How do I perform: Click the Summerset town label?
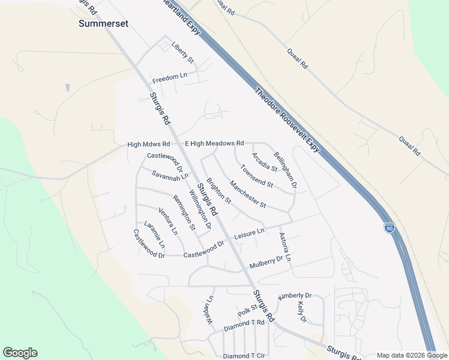pyautogui.click(x=104, y=24)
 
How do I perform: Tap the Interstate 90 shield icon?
pyautogui.click(x=389, y=227)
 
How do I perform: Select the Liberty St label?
pyautogui.click(x=183, y=52)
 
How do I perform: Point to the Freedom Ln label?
pyautogui.click(x=170, y=79)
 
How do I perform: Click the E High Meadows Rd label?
pyautogui.click(x=214, y=143)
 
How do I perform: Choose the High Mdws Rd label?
pyautogui.click(x=149, y=145)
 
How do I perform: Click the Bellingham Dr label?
pyautogui.click(x=285, y=169)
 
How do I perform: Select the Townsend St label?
pyautogui.click(x=257, y=176)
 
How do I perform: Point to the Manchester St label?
pyautogui.click(x=248, y=195)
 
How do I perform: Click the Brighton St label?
pyautogui.click(x=218, y=190)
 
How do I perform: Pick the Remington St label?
pyautogui.click(x=184, y=212)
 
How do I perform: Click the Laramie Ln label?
pyautogui.click(x=154, y=235)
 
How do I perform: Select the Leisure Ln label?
pyautogui.click(x=249, y=233)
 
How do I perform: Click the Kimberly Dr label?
pyautogui.click(x=295, y=296)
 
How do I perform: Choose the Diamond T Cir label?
pyautogui.click(x=244, y=356)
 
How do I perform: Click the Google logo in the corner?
pyautogui.click(x=20, y=353)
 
